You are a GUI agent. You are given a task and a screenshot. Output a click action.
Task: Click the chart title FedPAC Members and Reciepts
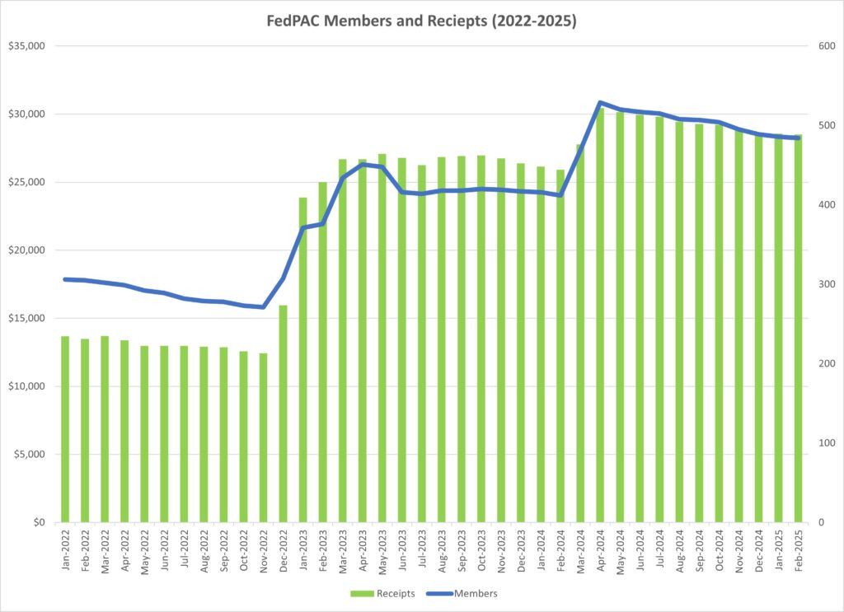pyautogui.click(x=422, y=22)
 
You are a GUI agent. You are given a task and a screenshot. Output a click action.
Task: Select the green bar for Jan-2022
pyautogui.click(x=65, y=428)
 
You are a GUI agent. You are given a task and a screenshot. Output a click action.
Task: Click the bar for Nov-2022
pyautogui.click(x=263, y=437)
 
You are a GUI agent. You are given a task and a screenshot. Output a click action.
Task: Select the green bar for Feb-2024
pyautogui.click(x=560, y=346)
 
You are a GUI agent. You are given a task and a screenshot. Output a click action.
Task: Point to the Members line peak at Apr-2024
pyautogui.click(x=600, y=103)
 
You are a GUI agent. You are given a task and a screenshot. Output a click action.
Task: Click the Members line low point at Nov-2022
pyautogui.click(x=263, y=307)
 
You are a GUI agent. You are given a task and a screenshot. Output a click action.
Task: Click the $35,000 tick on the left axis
pyautogui.click(x=27, y=46)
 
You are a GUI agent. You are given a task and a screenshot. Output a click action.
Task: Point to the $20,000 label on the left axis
pyautogui.click(x=27, y=250)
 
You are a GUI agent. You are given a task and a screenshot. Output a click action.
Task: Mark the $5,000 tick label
pyautogui.click(x=30, y=455)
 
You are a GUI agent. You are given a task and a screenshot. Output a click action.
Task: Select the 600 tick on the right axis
pyautogui.click(x=824, y=46)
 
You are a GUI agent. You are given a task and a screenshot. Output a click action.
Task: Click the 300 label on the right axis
pyautogui.click(x=824, y=284)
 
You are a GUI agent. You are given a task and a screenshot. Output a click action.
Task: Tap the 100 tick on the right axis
pyautogui.click(x=824, y=443)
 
